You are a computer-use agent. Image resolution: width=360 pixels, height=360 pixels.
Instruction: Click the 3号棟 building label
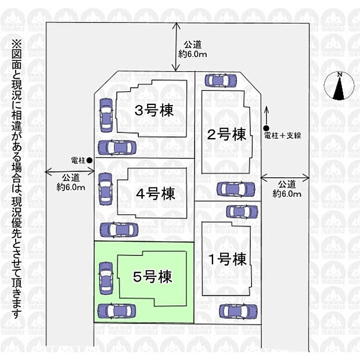point(154,110)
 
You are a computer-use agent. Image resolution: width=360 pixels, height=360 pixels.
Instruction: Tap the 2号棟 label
point(228,135)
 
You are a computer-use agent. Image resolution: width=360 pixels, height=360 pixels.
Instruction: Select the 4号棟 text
point(156,193)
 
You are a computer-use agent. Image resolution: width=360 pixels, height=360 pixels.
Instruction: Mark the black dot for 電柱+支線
point(266,128)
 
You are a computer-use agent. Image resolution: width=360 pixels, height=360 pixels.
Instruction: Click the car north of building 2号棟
point(221,81)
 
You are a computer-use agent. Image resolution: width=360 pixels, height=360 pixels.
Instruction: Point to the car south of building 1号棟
point(238,311)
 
